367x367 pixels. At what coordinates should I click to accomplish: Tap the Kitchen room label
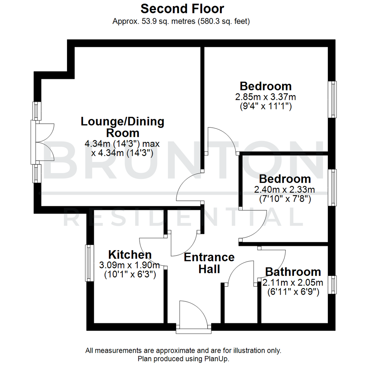130,255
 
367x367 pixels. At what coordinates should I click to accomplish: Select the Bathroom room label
293,272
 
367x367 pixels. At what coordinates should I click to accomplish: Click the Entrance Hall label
209,263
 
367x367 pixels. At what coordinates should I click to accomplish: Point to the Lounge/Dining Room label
122,127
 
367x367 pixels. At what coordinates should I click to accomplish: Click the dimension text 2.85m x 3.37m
265,97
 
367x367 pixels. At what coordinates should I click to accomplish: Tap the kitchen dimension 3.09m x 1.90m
129,265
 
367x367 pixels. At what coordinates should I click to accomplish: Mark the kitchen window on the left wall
89,263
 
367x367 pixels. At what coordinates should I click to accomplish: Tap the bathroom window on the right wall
333,285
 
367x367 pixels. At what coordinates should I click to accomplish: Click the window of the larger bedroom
333,100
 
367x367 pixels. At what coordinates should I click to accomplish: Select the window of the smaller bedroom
333,187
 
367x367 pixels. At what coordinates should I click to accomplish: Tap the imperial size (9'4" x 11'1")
265,107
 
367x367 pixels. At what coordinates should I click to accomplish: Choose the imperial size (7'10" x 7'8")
285,199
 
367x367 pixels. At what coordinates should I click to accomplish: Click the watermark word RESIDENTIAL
183,218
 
